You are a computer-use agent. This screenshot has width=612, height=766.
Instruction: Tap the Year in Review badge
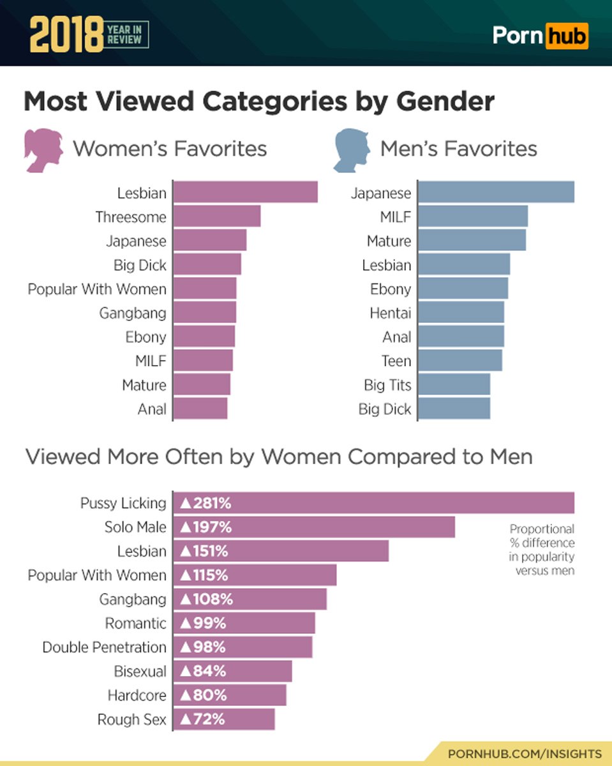[127, 35]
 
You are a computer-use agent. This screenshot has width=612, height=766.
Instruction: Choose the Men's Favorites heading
[458, 149]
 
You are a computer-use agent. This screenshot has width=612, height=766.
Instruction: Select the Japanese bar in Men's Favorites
[496, 192]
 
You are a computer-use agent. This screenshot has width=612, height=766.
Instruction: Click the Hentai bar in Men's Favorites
[461, 313]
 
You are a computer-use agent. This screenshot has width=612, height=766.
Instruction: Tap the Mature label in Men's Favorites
[389, 241]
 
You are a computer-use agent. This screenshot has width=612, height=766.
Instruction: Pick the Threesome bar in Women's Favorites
[217, 216]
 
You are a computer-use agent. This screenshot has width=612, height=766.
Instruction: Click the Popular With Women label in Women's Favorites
[97, 289]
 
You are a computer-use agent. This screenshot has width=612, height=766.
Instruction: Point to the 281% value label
[205, 504]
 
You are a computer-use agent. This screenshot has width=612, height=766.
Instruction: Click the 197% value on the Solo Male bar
[205, 527]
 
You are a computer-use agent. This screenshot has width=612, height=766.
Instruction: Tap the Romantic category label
[135, 623]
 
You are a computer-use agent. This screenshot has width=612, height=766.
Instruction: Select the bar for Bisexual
[233, 671]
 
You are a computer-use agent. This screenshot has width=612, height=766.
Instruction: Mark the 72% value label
[202, 719]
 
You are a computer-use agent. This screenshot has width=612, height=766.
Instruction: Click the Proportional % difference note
[542, 550]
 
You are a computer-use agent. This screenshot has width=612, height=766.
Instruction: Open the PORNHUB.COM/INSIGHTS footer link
[525, 753]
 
